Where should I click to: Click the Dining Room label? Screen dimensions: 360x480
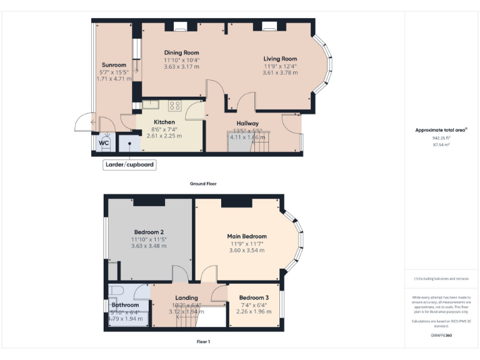(181, 52)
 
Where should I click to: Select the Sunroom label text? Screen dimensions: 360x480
(114, 65)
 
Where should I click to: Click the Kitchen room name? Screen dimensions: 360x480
(164, 122)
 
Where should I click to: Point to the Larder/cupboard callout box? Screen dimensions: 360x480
(129, 165)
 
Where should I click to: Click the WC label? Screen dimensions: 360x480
(103, 142)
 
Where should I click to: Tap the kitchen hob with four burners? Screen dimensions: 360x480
(175, 106)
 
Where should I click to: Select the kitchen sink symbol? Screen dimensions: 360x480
(152, 105)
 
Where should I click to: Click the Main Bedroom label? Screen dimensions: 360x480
(246, 236)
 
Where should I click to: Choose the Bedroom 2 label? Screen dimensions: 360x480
(149, 232)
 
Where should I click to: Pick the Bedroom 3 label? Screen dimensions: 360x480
(254, 297)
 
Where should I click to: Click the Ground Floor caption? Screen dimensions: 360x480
(203, 184)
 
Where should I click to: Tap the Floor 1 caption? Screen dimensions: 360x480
(203, 342)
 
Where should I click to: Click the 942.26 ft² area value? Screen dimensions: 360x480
(442, 137)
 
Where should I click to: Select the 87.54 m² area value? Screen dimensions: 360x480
(442, 144)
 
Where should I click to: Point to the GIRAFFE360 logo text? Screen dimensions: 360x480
(441, 336)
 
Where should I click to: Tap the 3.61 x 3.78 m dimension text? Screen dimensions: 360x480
(279, 72)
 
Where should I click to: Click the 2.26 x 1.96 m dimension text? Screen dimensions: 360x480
(254, 311)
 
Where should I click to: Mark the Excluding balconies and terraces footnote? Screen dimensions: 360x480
(441, 278)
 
